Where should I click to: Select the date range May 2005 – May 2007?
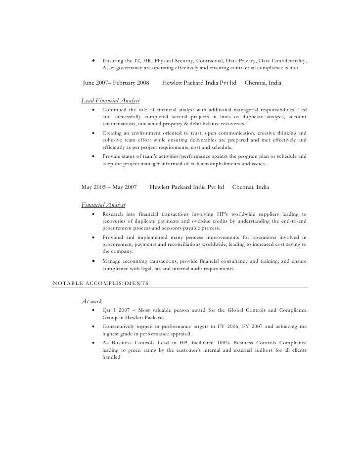(x=109, y=187)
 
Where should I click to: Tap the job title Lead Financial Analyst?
(x=110, y=101)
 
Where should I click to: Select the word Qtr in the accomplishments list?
(x=107, y=310)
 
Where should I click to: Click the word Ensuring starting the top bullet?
(x=115, y=60)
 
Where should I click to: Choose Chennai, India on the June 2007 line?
(x=263, y=83)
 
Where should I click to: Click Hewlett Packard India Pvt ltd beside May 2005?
(x=187, y=187)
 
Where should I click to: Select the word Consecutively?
(x=123, y=326)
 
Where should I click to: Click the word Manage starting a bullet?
(x=113, y=261)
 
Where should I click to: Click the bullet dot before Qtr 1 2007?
(x=93, y=310)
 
